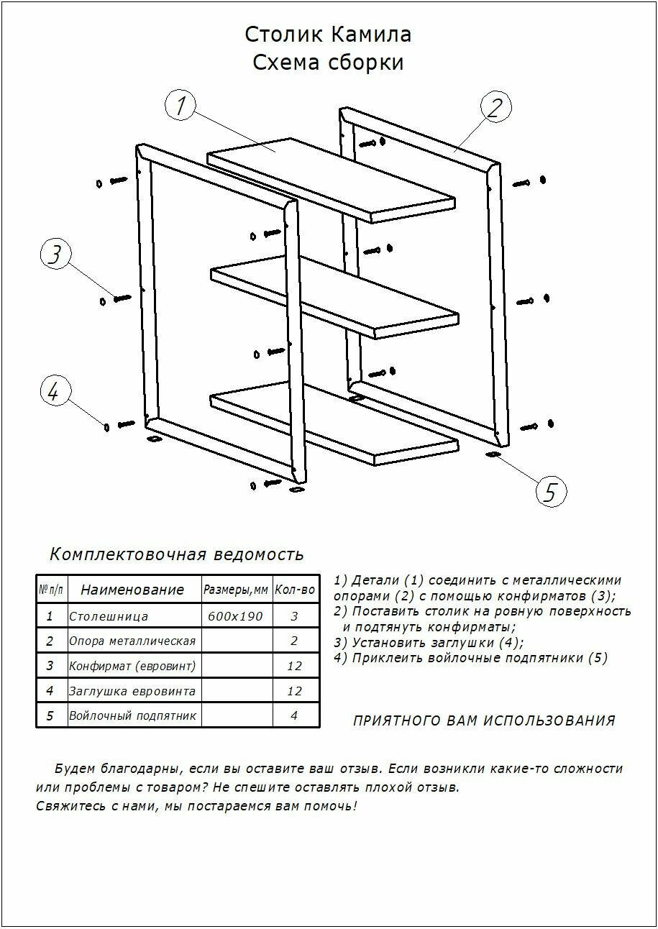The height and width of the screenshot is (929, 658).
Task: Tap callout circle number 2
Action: tap(495, 107)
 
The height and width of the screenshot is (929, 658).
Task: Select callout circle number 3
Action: tap(55, 255)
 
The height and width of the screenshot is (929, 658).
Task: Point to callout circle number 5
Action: tap(551, 492)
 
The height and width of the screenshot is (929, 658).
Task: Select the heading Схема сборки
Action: tap(328, 63)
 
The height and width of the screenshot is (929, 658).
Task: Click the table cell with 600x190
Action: tap(235, 616)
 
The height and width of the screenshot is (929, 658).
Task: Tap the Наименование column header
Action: tap(132, 590)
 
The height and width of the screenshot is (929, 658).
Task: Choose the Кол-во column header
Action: tap(295, 590)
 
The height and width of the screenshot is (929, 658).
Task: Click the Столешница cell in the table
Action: tap(109, 616)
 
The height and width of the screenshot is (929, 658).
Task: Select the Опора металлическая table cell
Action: tap(132, 641)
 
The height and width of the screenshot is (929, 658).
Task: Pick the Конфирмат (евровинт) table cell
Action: tap(132, 666)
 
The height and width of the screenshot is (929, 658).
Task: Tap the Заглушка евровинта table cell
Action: tap(132, 691)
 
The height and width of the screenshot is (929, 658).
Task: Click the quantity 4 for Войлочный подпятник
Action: tap(294, 715)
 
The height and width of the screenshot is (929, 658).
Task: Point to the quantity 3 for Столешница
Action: tap(294, 616)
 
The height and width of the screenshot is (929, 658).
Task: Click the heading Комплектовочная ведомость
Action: tap(177, 554)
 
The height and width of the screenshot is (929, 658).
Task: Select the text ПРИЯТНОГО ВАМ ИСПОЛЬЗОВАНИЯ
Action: tap(484, 720)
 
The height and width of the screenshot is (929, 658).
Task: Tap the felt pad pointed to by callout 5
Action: tap(493, 454)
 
